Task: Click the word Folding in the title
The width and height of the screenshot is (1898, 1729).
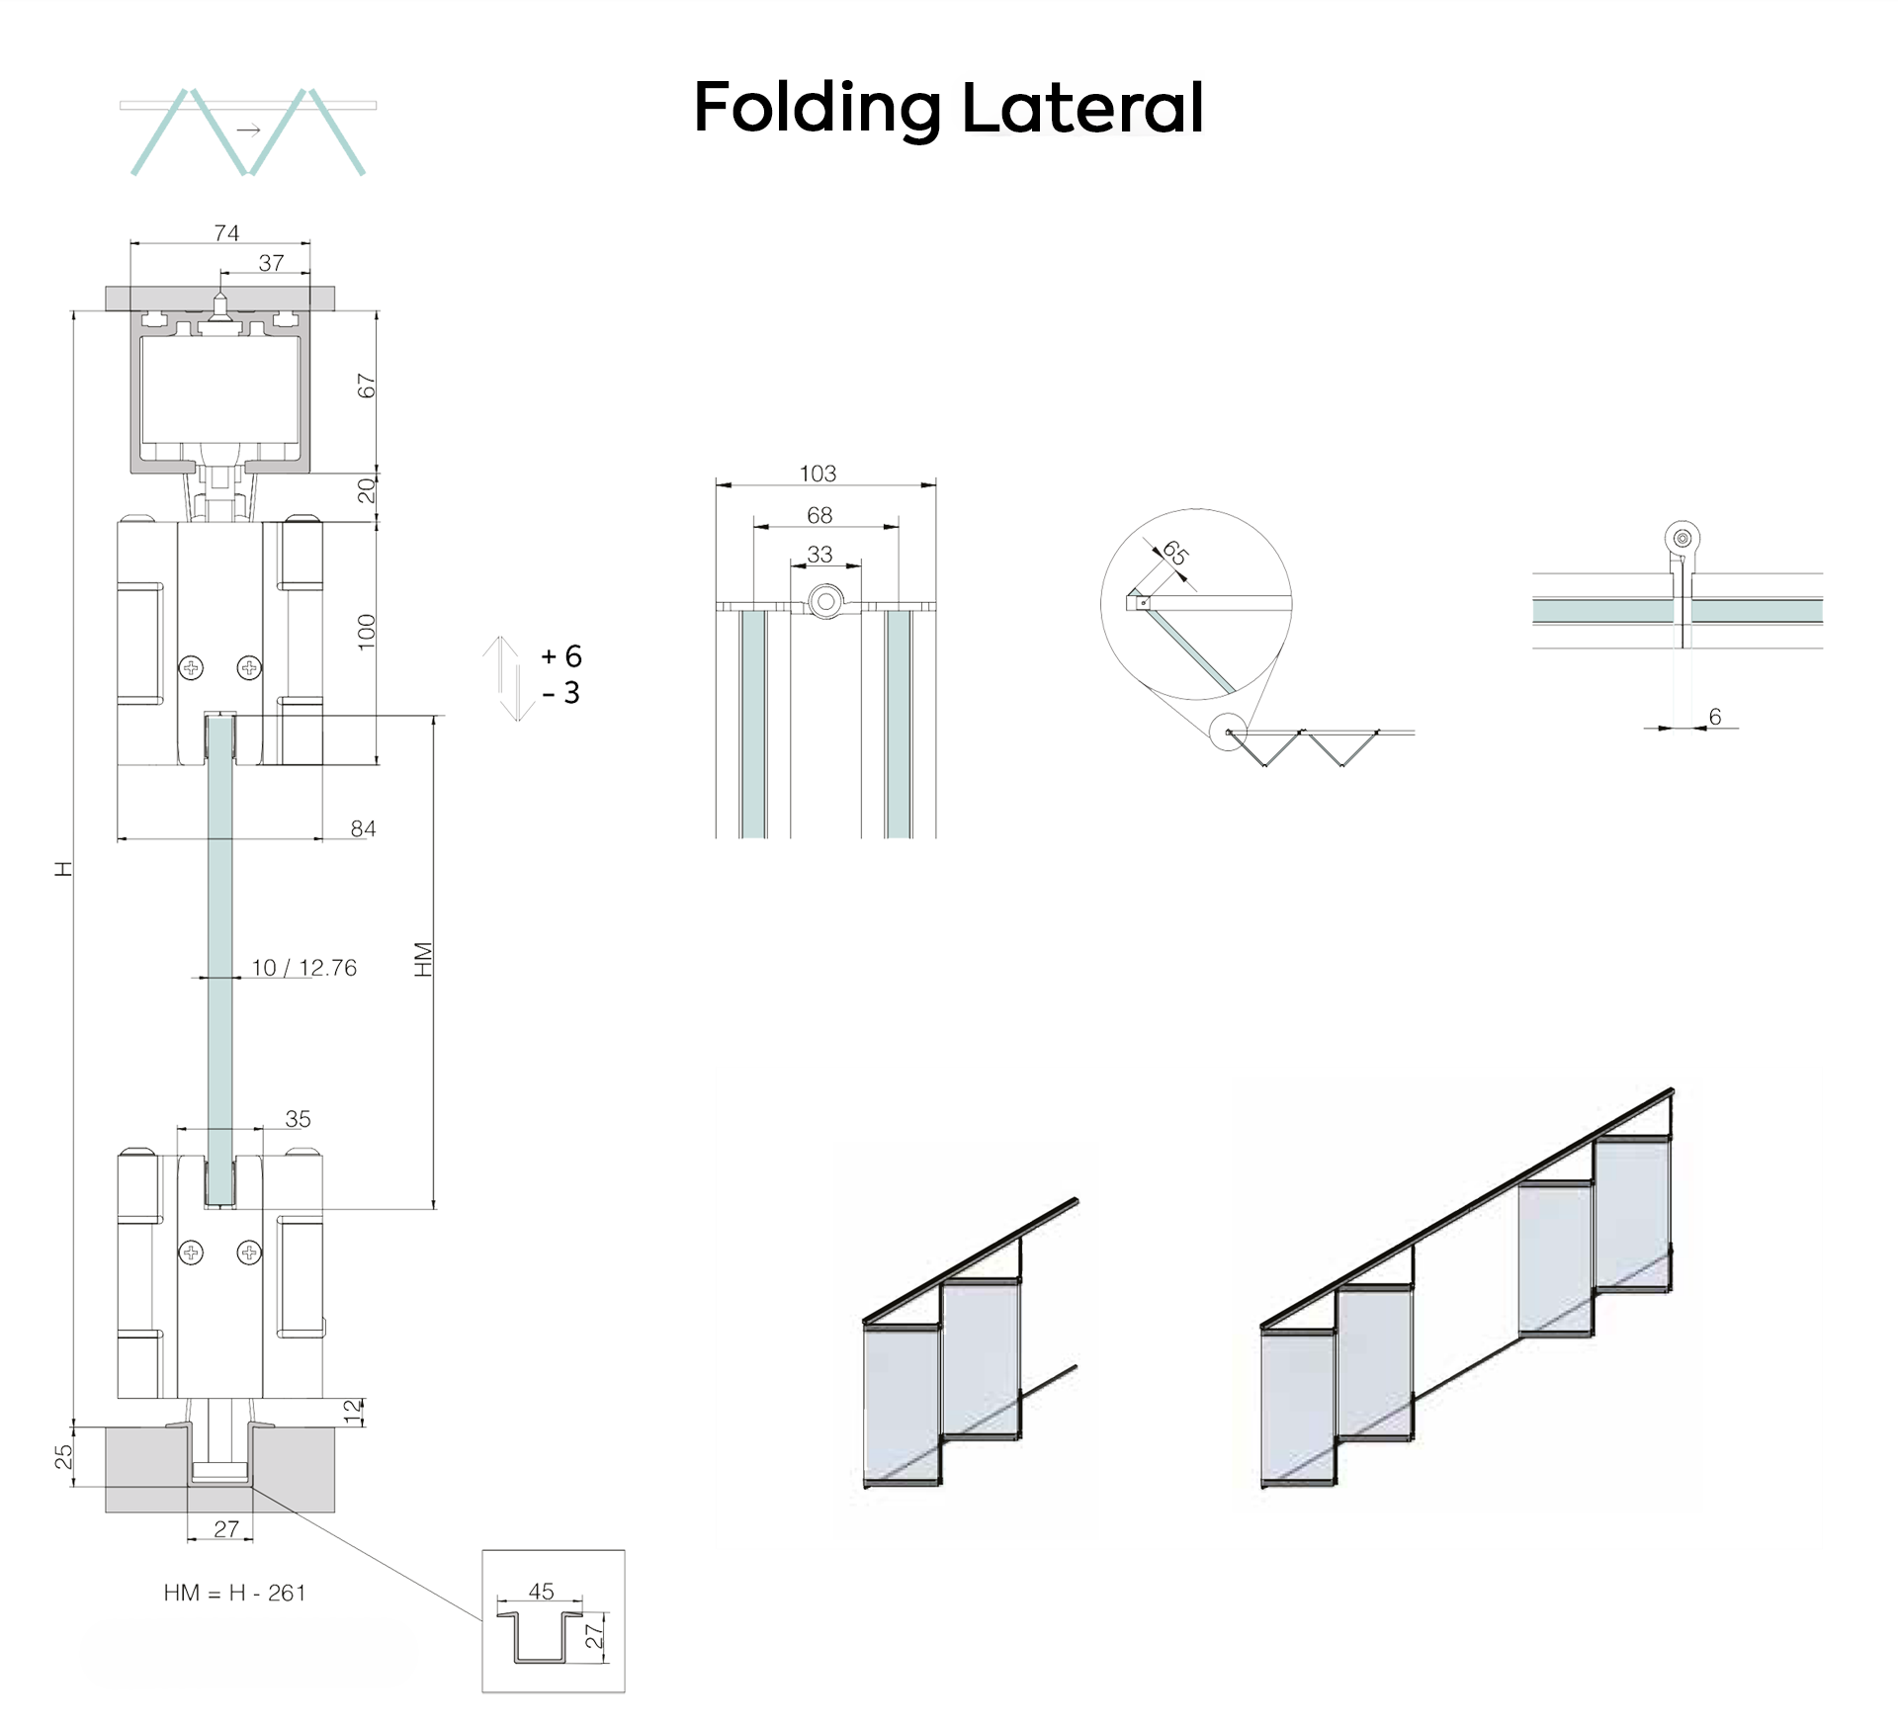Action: pos(818,109)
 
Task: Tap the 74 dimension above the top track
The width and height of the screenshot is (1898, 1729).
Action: pos(226,233)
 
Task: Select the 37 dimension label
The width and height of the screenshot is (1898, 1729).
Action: pos(271,263)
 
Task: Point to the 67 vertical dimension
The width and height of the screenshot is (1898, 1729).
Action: pos(367,386)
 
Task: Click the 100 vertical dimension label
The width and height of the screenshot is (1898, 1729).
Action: pos(367,632)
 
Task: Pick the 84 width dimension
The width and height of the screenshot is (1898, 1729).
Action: pos(363,828)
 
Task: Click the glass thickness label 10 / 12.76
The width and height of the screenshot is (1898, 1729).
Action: pos(304,968)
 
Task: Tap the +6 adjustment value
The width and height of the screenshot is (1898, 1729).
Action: pos(561,656)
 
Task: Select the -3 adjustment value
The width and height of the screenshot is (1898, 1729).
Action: pos(561,693)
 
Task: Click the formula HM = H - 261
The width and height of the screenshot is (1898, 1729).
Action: pos(235,1593)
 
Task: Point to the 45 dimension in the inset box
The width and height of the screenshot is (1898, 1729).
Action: pos(541,1592)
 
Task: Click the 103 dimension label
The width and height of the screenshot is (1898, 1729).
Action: pos(818,474)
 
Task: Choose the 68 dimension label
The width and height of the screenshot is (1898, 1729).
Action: pos(820,515)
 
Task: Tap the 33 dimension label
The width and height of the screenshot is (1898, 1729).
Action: pos(820,555)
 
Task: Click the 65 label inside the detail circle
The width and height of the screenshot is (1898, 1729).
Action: pos(1174,553)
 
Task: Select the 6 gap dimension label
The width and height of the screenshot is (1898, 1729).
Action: pos(1715,717)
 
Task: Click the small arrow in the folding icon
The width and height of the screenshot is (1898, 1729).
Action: pos(248,130)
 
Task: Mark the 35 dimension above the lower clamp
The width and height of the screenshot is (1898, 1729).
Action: pos(298,1119)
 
